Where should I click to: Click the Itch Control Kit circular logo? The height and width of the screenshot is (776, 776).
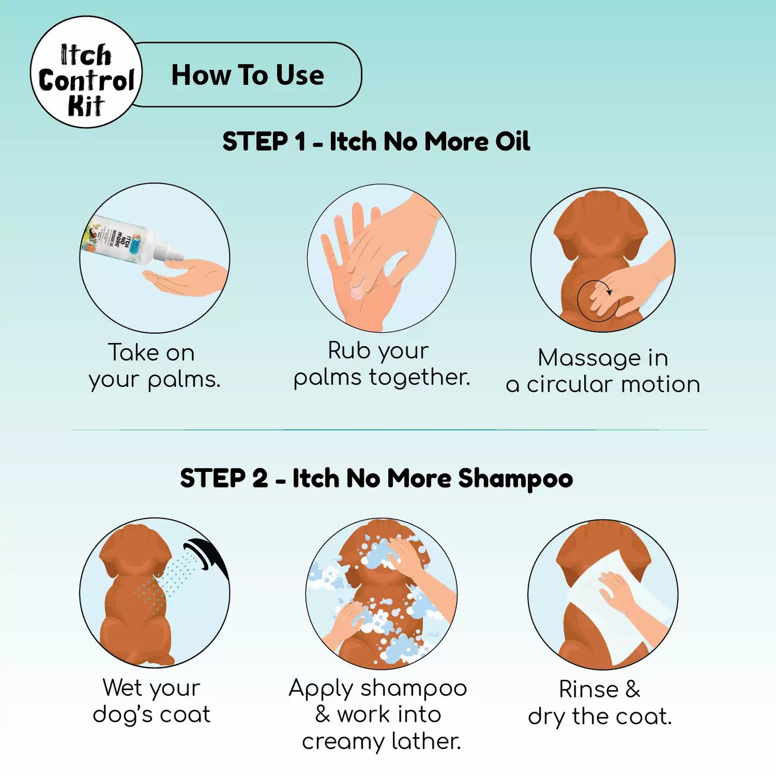click(x=86, y=72)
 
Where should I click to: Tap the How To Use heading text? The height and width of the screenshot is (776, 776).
click(x=247, y=75)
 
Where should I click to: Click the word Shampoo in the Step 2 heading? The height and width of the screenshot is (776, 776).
click(x=516, y=478)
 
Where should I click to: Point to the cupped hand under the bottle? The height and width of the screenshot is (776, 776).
click(x=185, y=279)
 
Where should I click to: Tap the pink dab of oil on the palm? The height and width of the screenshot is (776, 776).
click(x=357, y=293)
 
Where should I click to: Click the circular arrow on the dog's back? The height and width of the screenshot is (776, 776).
click(x=595, y=300)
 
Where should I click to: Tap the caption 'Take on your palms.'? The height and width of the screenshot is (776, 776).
click(x=154, y=367)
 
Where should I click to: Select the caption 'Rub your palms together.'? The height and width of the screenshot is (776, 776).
click(x=381, y=364)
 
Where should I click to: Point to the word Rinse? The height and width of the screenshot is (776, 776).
click(x=589, y=689)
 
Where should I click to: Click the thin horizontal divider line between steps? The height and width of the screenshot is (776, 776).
click(x=389, y=430)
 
